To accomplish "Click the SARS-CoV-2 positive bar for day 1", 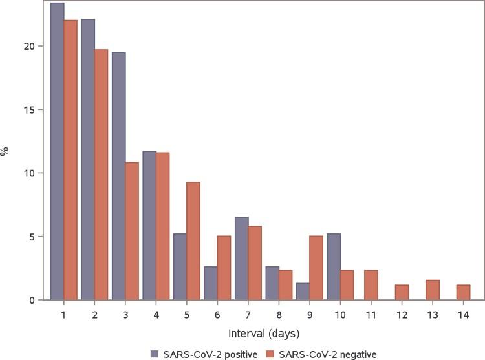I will pyautogui.click(x=57, y=151).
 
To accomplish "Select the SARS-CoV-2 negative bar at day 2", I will pyautogui.click(x=101, y=175).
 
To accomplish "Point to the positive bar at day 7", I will pyautogui.click(x=241, y=259).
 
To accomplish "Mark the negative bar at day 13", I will pyautogui.click(x=432, y=290).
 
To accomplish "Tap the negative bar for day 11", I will pyautogui.click(x=371, y=285).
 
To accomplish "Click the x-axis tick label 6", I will pyautogui.click(x=217, y=313).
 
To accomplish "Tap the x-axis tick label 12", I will pyautogui.click(x=402, y=313).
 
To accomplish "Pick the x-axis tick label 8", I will pyautogui.click(x=279, y=313).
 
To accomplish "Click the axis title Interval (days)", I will pyautogui.click(x=263, y=334).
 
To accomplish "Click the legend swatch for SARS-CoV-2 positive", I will pyautogui.click(x=154, y=354).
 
